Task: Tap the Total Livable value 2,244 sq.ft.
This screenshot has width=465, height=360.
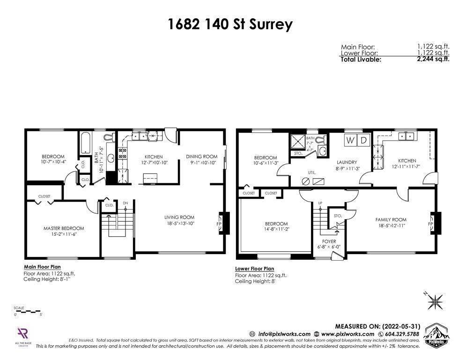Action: coord(433,59)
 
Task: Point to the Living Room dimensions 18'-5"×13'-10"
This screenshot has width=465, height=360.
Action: coord(179,224)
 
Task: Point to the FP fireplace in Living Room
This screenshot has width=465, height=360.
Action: coord(219,224)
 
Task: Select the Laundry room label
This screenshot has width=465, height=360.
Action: coord(347,162)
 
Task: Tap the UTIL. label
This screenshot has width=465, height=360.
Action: coord(312,172)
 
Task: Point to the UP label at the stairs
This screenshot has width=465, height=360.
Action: coord(320,203)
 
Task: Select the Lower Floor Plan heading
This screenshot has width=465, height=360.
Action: coord(254,269)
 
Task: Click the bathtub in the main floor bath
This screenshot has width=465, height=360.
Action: coord(86,143)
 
